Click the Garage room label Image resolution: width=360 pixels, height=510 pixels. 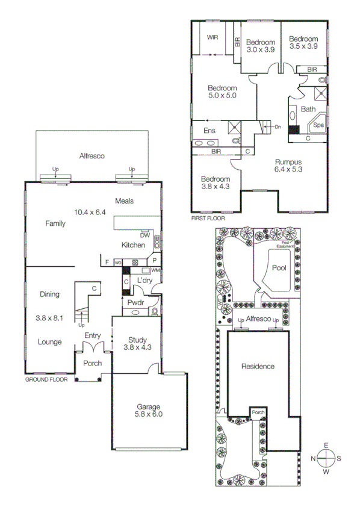pyautogui.click(x=148, y=406)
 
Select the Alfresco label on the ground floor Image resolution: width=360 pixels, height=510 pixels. pyautogui.click(x=92, y=156)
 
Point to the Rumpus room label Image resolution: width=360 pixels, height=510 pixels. pyautogui.click(x=288, y=162)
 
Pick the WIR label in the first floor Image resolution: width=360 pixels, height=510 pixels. pyautogui.click(x=213, y=37)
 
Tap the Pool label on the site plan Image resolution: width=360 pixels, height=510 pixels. pyautogui.click(x=279, y=268)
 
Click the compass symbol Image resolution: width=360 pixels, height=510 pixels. pyautogui.click(x=326, y=459)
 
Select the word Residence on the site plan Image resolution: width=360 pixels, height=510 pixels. pyautogui.click(x=258, y=366)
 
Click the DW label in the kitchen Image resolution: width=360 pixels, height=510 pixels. pyautogui.click(x=144, y=236)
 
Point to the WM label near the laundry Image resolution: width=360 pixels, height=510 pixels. pyautogui.click(x=155, y=270)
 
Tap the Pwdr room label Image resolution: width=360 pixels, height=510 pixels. pyautogui.click(x=134, y=302)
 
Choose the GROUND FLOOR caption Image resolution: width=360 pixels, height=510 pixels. pyautogui.click(x=46, y=381)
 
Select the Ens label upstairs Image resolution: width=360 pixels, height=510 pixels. pyautogui.click(x=209, y=130)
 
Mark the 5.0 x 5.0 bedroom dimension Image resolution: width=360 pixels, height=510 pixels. pyautogui.click(x=223, y=95)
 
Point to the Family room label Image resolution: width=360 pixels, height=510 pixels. pyautogui.click(x=55, y=223)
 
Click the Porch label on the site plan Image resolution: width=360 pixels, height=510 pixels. pyautogui.click(x=258, y=412)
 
